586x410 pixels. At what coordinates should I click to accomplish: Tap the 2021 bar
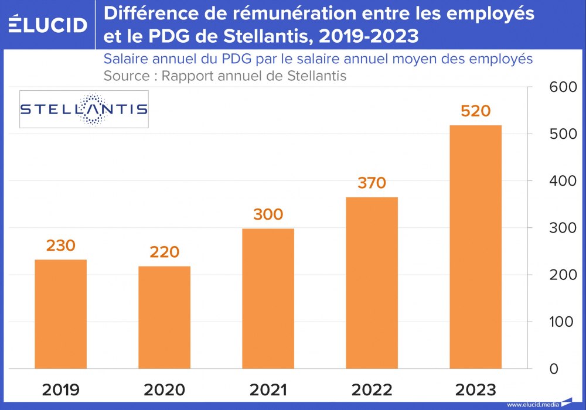(x=268, y=299)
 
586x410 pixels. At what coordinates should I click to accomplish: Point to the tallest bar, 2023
(x=475, y=247)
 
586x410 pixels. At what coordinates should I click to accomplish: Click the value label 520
(x=475, y=111)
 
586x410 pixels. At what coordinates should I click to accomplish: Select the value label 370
(x=372, y=183)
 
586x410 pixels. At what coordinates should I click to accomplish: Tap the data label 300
(x=268, y=214)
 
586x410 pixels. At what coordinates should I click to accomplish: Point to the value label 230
(x=60, y=245)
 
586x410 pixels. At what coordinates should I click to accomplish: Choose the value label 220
(x=164, y=252)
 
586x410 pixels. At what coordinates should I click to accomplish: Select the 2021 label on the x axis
(x=268, y=389)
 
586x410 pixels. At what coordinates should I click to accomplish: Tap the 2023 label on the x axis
(x=475, y=389)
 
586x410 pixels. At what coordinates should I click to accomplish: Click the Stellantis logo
(x=84, y=109)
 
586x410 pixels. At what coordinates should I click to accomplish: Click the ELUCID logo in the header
(x=48, y=25)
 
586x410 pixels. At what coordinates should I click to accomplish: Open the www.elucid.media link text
(x=532, y=404)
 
